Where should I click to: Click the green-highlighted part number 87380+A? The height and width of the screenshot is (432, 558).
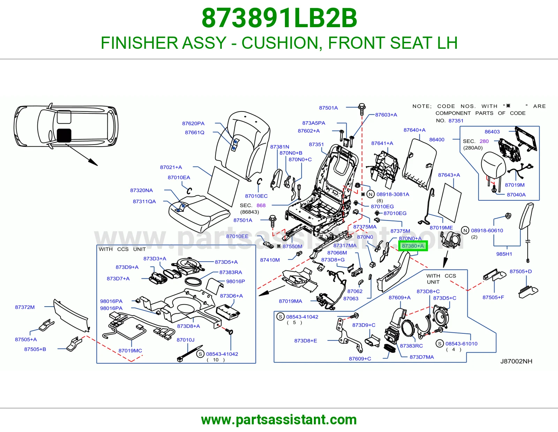coord(413,246)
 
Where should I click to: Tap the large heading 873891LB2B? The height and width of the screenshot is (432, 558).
coord(279,18)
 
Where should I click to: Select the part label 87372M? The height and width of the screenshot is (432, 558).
coord(25,307)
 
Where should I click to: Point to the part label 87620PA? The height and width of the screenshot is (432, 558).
coord(193,123)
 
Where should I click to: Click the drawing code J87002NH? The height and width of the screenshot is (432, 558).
coord(516,361)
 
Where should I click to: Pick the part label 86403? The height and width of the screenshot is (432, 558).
coord(492,132)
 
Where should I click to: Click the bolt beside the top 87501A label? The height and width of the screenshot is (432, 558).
coord(362,109)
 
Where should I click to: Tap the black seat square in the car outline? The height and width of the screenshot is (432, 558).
coord(64,136)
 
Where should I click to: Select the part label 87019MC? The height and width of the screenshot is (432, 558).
coord(130,350)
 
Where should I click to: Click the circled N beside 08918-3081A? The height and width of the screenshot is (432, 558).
coord(370,194)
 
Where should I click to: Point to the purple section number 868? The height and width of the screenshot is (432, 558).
coord(261,205)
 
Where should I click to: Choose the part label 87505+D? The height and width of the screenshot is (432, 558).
coord(520,271)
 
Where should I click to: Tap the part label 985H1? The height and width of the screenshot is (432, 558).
coord(504,254)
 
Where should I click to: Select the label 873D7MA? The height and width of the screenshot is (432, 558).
coord(422,357)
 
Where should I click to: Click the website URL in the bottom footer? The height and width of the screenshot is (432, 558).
coord(279,420)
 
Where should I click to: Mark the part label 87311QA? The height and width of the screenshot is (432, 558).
coord(144,201)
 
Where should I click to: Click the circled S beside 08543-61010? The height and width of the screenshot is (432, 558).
coord(440,343)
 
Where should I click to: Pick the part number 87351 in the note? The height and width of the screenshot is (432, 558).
coord(456,121)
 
